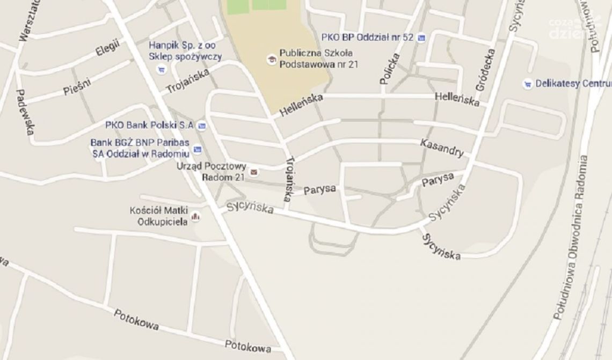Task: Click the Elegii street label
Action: (107, 49)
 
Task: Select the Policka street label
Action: (390, 69)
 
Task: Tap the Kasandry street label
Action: (441, 148)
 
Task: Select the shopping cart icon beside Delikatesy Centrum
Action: (528, 84)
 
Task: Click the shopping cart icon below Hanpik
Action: (161, 69)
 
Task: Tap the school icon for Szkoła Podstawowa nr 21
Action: (272, 58)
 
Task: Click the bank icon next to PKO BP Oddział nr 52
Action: (421, 38)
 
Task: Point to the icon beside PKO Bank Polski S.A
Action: (202, 126)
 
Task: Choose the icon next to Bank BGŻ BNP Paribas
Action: (198, 149)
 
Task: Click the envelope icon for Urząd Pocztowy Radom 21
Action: (254, 172)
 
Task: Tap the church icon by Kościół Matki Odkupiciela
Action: (196, 217)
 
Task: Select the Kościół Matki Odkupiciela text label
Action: (159, 216)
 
